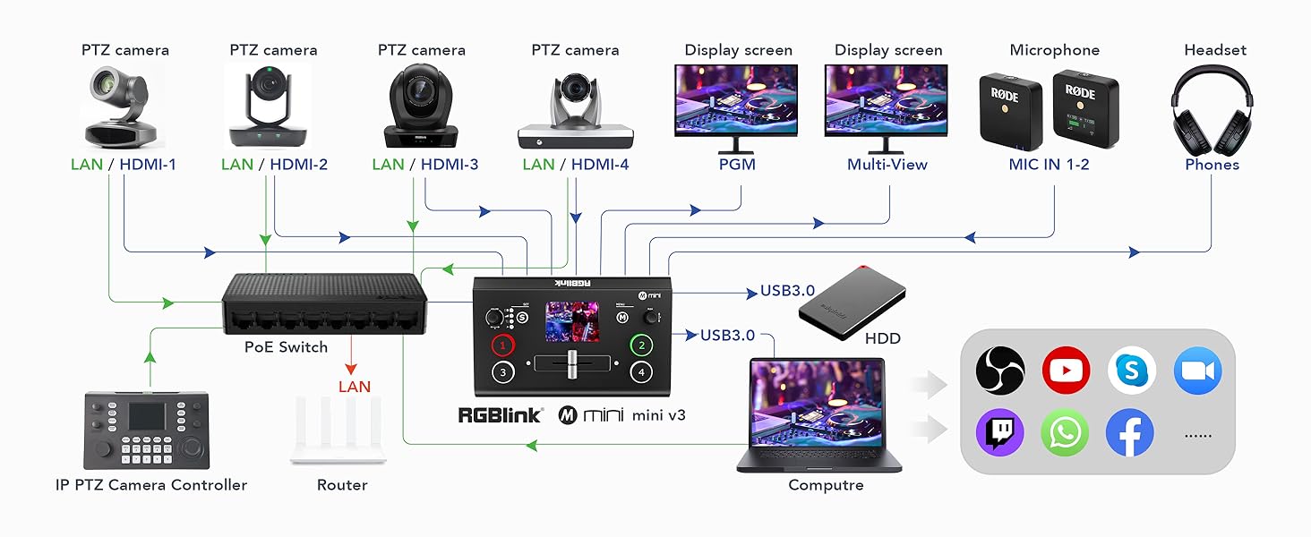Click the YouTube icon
tap(1066, 370)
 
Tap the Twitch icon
tap(999, 433)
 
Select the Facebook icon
tap(1129, 433)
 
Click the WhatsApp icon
tap(1065, 433)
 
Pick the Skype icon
tap(1131, 370)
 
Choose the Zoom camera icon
tap(1197, 370)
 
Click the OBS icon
tap(999, 370)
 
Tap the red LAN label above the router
tap(355, 387)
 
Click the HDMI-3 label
tap(450, 165)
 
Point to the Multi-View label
tap(887, 165)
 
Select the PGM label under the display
tap(737, 165)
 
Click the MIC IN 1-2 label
tap(1049, 165)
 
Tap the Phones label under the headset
tap(1212, 165)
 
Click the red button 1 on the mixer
tap(504, 345)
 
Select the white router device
tap(338, 430)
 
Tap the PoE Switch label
tap(286, 347)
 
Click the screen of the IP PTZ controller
tap(146, 415)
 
